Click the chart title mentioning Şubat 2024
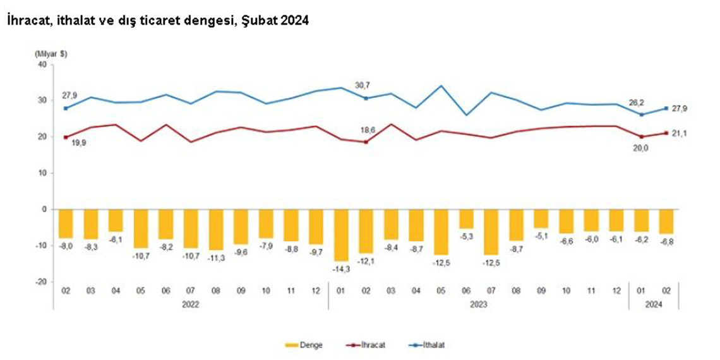(157, 21)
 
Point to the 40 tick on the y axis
(43, 64)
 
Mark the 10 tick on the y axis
(43, 173)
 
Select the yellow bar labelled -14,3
(342, 234)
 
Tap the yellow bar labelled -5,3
(466, 219)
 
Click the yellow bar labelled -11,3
(217, 229)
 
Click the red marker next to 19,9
(66, 136)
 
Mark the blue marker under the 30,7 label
(366, 98)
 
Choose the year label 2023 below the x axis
(478, 304)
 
